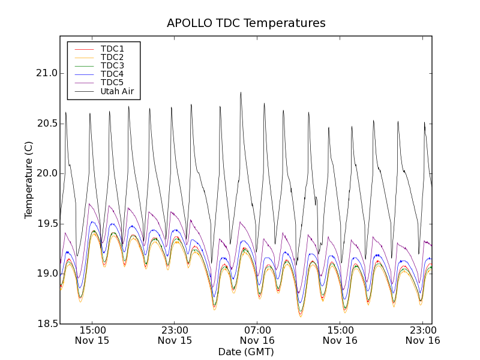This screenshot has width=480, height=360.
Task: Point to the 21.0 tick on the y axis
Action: (x=46, y=73)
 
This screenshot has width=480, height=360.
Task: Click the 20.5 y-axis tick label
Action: (x=46, y=124)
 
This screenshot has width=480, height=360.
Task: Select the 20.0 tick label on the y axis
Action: (x=46, y=173)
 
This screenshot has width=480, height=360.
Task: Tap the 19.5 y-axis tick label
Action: (x=46, y=224)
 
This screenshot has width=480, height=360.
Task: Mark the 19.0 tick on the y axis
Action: (x=46, y=274)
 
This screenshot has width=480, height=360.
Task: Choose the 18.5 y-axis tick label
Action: (x=46, y=324)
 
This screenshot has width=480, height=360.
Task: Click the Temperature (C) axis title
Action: (x=29, y=180)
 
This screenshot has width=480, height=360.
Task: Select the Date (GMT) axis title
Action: (x=246, y=352)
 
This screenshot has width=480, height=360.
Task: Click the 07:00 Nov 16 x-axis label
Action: (x=257, y=335)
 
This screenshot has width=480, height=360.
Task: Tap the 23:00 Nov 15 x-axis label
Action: (x=175, y=335)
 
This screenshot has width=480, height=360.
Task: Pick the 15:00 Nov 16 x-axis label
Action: (x=340, y=335)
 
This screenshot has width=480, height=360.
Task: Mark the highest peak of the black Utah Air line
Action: (x=241, y=92)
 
